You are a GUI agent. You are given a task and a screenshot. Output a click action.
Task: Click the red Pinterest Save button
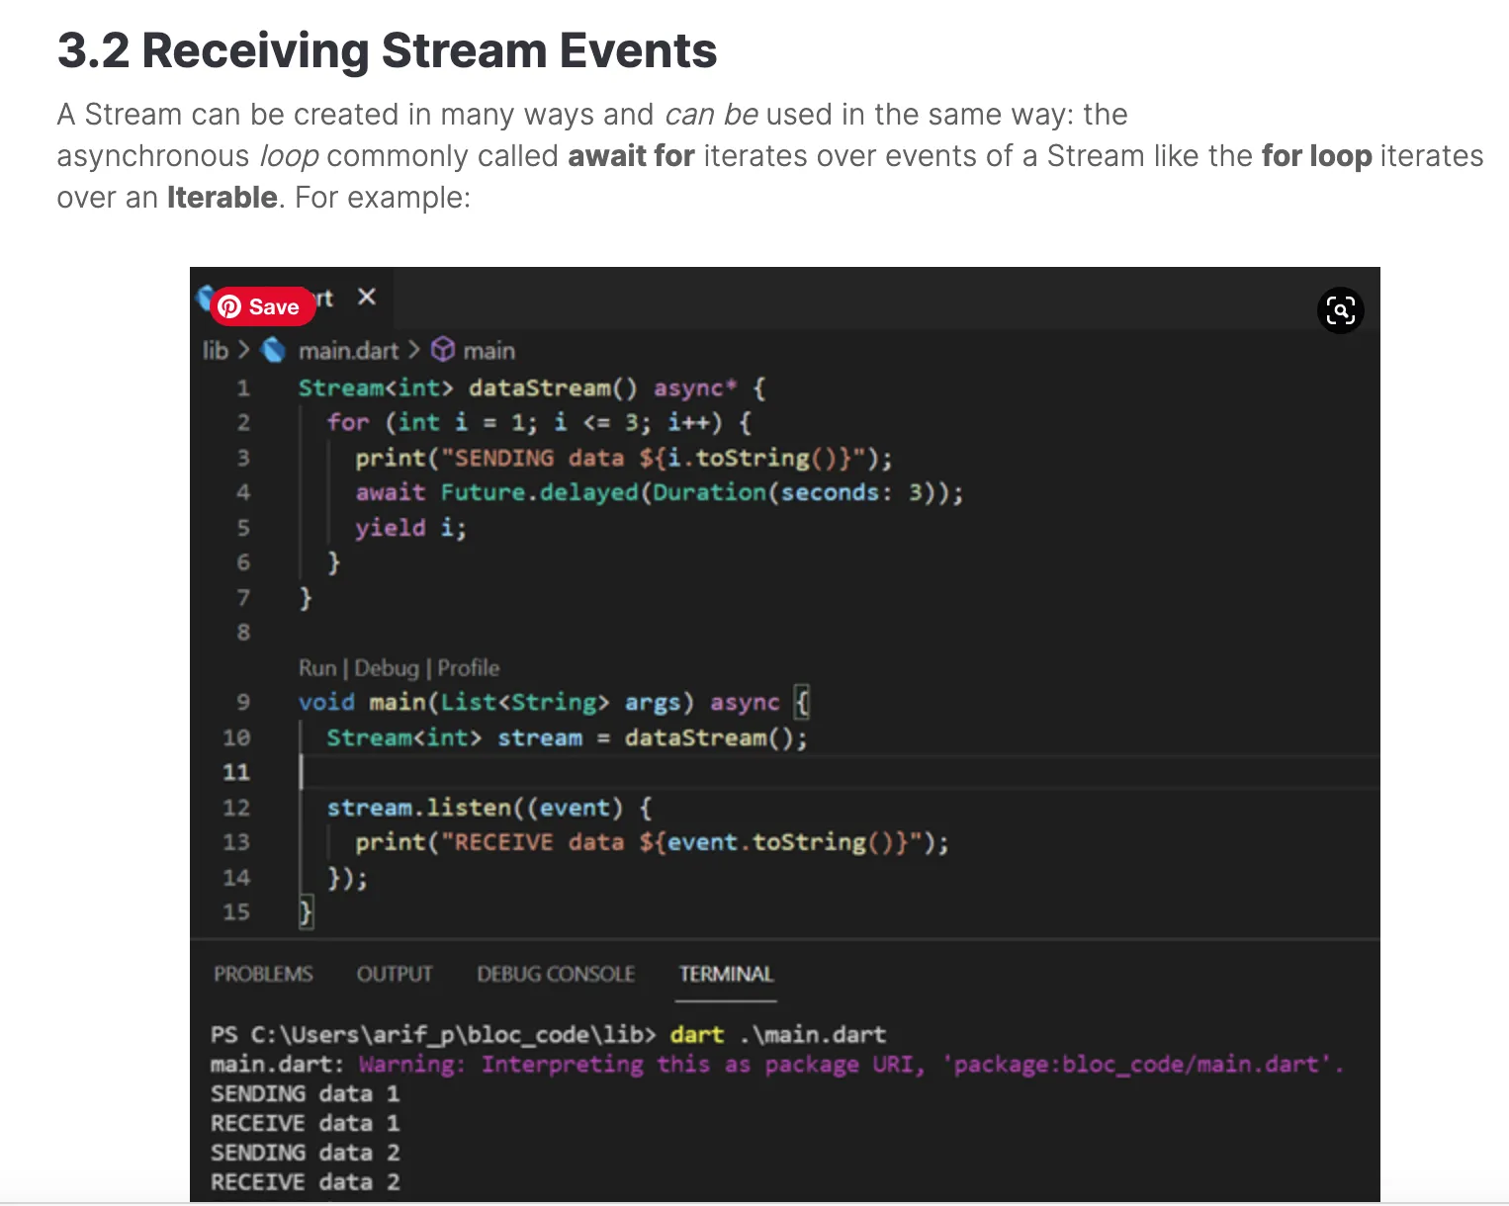262,306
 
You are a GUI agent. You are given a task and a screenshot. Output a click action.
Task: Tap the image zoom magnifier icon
1340,310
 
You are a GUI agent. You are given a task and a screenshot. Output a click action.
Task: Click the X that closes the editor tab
367,297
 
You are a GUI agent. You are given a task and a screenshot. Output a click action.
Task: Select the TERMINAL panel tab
726,974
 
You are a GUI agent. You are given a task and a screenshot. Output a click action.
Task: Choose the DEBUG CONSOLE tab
556,974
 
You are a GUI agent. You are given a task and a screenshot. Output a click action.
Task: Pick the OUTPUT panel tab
395,974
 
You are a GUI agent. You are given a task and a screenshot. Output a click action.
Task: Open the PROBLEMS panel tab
263,974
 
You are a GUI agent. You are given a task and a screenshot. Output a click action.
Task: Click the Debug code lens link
387,668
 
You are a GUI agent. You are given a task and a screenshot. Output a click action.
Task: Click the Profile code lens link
469,668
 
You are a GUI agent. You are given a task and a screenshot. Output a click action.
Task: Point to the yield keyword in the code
390,528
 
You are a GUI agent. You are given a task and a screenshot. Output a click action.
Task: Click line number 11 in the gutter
236,772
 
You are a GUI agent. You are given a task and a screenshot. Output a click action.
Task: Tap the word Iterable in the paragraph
222,198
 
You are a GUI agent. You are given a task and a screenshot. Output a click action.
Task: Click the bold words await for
631,156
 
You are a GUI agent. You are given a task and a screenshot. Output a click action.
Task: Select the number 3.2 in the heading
93,50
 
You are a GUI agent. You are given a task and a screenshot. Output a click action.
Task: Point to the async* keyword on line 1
695,388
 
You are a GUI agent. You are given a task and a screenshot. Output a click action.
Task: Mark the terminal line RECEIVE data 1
305,1124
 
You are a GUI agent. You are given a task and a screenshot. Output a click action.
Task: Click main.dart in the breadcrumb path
348,351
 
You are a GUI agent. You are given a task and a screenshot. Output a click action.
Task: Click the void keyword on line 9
326,703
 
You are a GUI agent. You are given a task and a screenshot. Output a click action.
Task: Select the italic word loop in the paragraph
289,156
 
